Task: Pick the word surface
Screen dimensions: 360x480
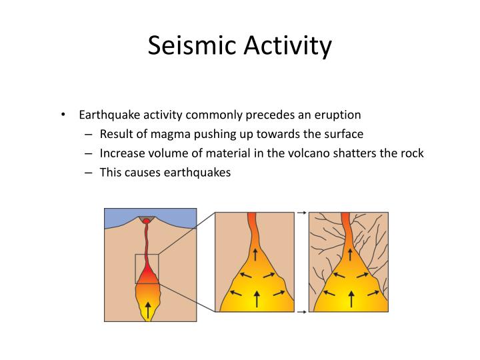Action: tap(342, 134)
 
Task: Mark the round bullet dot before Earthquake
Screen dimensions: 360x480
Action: tap(63, 115)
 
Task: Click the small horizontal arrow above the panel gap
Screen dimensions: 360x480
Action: tap(301, 213)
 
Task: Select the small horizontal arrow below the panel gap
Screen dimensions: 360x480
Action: tap(301, 311)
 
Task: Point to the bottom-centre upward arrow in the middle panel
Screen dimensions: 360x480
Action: tap(255, 299)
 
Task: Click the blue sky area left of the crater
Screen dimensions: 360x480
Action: tap(120, 217)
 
